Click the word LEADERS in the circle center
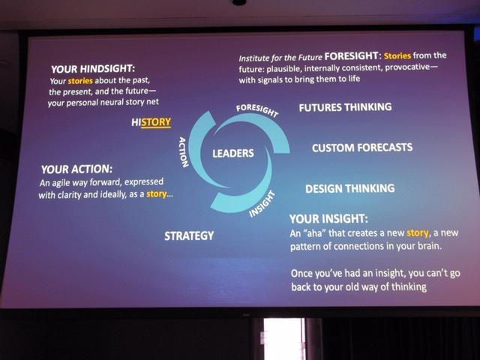pyautogui.click(x=233, y=153)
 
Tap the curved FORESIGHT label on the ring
pyautogui.click(x=257, y=110)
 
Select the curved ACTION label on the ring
pyautogui.click(x=183, y=151)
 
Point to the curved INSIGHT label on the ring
pyautogui.click(x=262, y=204)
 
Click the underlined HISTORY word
pyautogui.click(x=151, y=122)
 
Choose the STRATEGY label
pyautogui.click(x=189, y=235)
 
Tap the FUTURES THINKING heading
pyautogui.click(x=345, y=107)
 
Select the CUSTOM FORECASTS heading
pyautogui.click(x=362, y=148)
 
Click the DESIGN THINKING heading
pyautogui.click(x=350, y=188)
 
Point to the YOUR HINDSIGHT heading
pyautogui.click(x=93, y=69)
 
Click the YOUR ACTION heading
pyautogui.click(x=76, y=169)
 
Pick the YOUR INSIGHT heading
pyautogui.click(x=328, y=219)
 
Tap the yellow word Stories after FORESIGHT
pyautogui.click(x=397, y=55)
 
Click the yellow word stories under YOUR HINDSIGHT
pyautogui.click(x=80, y=81)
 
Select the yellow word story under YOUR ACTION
pyautogui.click(x=157, y=194)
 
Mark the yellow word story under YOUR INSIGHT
pyautogui.click(x=418, y=233)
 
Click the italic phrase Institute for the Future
pyautogui.click(x=280, y=58)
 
